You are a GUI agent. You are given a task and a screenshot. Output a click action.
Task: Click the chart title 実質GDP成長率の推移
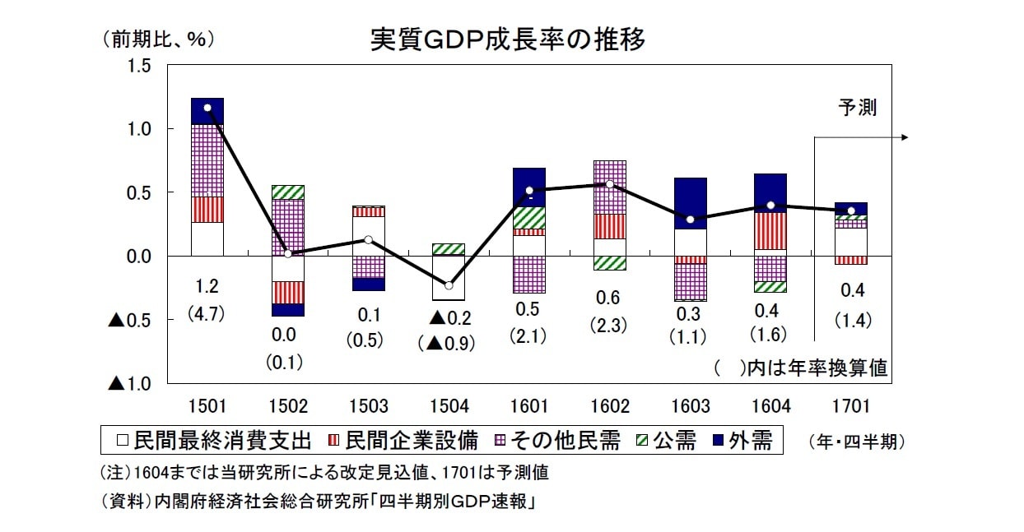508,39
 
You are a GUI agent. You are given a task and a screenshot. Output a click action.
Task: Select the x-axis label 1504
449,406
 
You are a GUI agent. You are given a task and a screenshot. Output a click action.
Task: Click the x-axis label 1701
851,406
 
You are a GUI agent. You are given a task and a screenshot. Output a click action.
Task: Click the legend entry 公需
664,441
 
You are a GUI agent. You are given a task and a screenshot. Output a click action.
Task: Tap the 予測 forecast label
858,108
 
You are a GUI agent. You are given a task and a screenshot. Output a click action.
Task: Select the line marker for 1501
207,108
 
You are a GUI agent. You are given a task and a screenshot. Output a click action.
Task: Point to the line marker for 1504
449,285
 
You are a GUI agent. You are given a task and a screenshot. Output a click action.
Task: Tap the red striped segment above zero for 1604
771,230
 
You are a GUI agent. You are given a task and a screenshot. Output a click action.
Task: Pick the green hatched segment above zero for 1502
288,192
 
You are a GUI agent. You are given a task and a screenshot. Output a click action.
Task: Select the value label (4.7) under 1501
207,313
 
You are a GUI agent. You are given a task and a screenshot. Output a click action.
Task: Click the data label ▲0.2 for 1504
449,318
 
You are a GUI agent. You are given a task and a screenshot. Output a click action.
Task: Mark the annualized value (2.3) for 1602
610,325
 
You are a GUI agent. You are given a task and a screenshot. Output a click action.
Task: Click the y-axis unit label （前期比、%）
160,39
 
